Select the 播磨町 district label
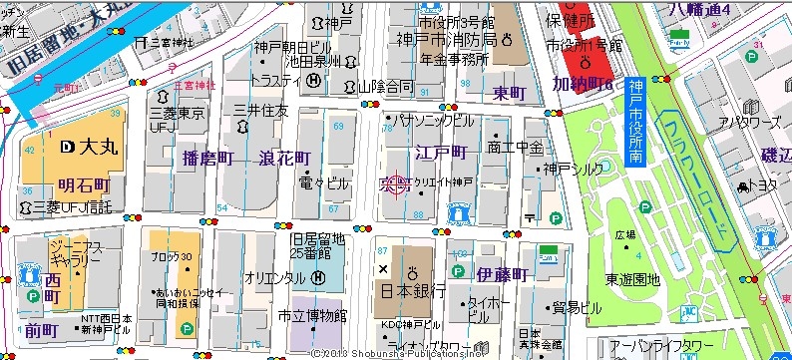point(207,158)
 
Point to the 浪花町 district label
point(284,159)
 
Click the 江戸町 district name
point(440,152)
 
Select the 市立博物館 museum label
point(312,316)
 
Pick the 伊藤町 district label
point(500,273)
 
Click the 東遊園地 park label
point(632,280)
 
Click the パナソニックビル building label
point(435,120)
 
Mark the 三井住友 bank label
point(260,109)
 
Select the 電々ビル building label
point(324,183)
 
